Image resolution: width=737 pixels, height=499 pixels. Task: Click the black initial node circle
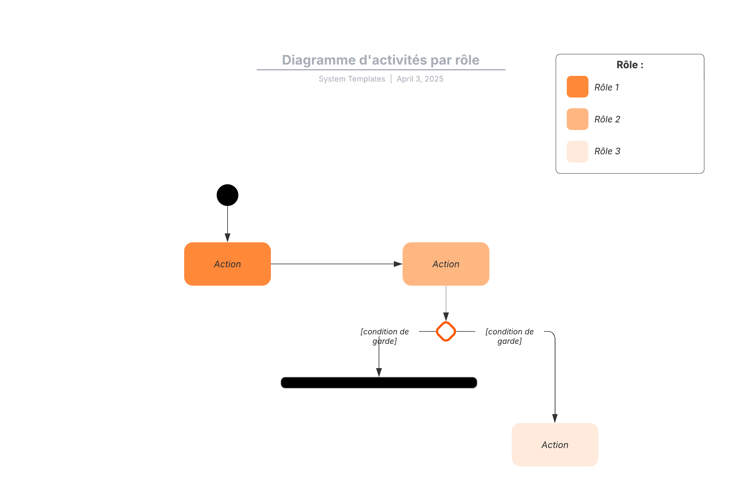(227, 195)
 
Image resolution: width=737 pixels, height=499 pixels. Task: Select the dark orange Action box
(227, 264)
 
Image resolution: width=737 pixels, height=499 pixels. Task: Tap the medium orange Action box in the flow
(446, 264)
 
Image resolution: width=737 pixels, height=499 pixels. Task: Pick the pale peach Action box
(555, 444)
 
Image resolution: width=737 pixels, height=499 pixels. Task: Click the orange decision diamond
(446, 332)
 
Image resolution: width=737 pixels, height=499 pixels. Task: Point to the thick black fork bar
(379, 383)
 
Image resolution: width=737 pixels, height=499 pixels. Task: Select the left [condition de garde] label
(384, 336)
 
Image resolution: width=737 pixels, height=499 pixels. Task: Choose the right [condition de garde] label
(509, 336)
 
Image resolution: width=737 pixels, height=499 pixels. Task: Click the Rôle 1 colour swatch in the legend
(577, 87)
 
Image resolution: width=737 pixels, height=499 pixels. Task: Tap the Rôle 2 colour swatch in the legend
(577, 119)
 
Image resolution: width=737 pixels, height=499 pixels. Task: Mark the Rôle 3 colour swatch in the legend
(577, 151)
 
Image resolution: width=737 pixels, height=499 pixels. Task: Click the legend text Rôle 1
(606, 87)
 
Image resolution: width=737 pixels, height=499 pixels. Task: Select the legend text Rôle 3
(607, 151)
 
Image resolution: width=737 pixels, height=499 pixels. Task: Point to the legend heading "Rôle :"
(630, 65)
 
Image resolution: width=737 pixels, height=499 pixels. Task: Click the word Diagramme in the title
(318, 60)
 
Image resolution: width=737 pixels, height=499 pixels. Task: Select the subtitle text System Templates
(352, 79)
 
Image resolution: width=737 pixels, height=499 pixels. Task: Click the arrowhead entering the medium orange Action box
(398, 264)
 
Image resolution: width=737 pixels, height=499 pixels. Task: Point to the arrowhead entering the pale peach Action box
(555, 418)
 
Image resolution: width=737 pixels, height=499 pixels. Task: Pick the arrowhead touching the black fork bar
(379, 372)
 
